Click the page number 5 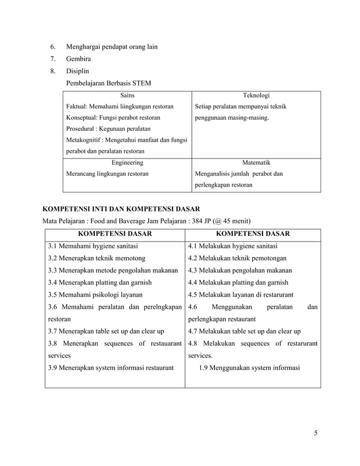click(316, 433)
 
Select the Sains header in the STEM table click(127, 96)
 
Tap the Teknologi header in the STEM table click(256, 96)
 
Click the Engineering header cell click(127, 162)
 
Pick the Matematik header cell click(256, 162)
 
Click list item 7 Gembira click(78, 59)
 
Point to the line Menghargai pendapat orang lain click(112, 46)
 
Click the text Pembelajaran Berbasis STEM click(108, 83)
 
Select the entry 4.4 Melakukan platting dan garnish click(238, 282)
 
